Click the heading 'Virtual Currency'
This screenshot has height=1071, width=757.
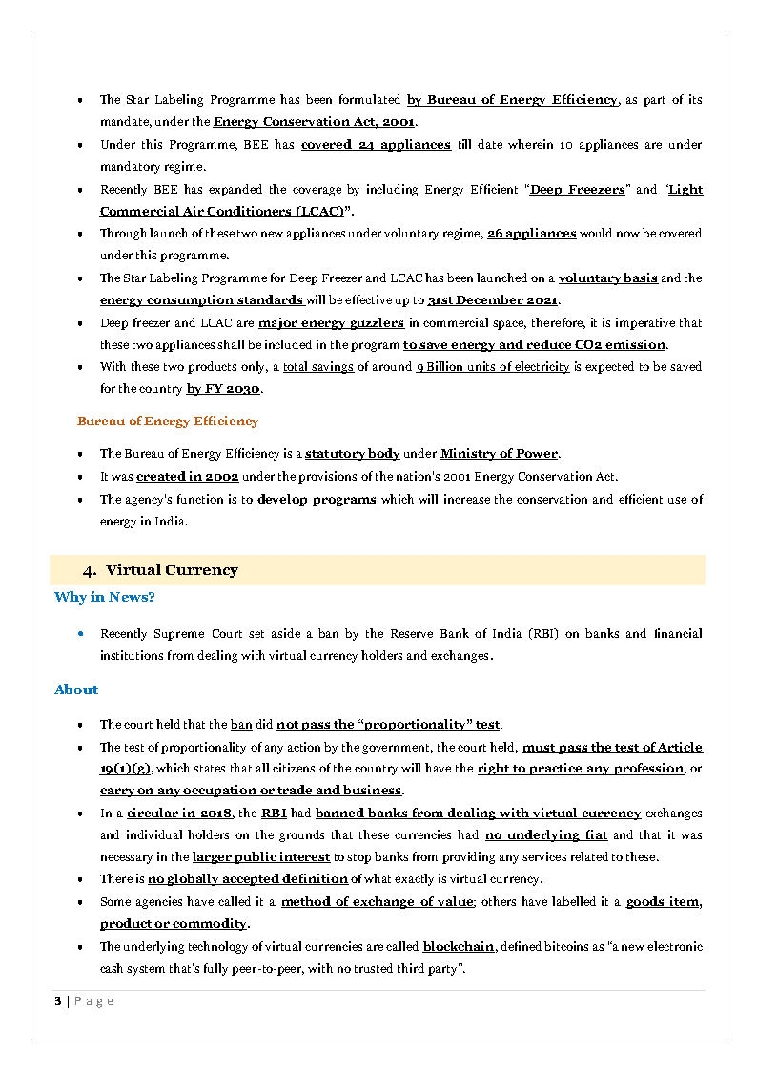172,570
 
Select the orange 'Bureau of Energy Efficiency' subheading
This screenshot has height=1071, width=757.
168,421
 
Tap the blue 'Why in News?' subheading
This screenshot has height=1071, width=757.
105,597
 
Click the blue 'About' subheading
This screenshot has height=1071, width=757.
76,690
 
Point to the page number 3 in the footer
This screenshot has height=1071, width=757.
58,1000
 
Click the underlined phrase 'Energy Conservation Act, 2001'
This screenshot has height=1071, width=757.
314,122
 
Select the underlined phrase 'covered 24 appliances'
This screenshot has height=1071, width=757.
376,145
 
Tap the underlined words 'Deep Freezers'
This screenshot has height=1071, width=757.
577,190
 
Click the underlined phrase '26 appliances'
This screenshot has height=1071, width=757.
531,234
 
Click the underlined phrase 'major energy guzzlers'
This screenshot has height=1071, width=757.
331,323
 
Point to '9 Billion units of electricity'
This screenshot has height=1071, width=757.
493,367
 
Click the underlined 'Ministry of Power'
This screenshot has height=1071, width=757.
499,454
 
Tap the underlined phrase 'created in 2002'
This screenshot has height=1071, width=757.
187,476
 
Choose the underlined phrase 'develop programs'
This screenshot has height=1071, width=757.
317,500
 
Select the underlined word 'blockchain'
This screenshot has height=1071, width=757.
459,947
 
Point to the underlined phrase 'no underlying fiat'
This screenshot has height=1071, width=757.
546,835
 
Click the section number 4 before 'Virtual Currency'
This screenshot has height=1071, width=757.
89,570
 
